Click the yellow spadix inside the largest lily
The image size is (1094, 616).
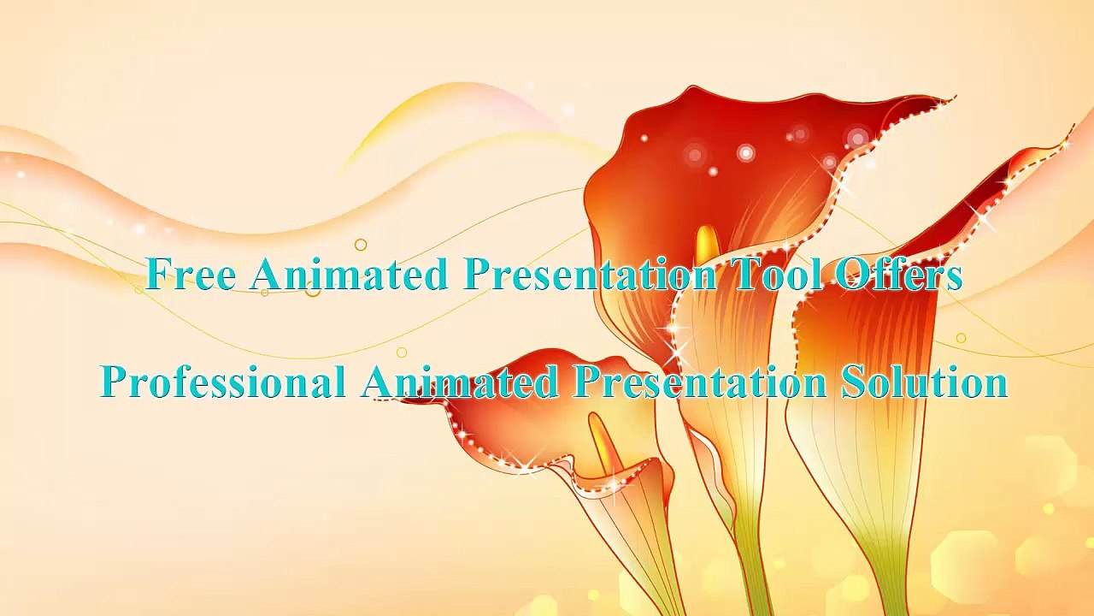(x=707, y=244)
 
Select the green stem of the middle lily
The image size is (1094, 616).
(x=750, y=548)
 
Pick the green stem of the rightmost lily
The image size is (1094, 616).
(x=889, y=573)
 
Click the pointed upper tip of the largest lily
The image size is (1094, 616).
(x=950, y=98)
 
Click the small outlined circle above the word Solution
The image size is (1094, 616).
(x=961, y=339)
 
